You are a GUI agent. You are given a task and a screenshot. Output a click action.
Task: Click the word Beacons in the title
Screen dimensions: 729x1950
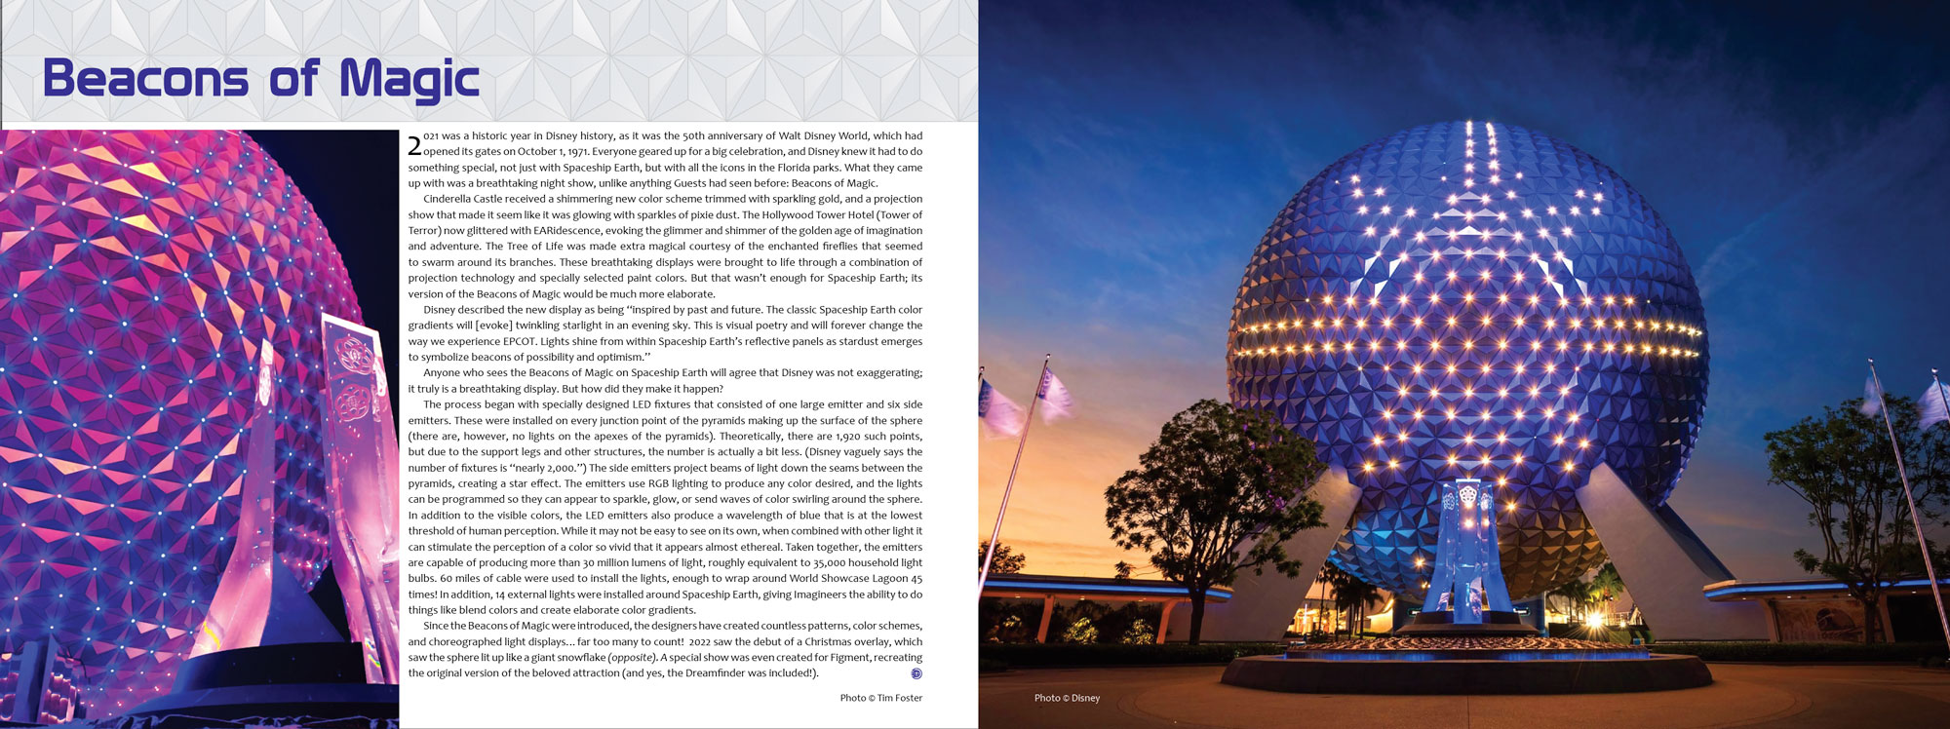point(146,79)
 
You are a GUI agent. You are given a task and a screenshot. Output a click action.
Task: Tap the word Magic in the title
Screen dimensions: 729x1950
point(409,79)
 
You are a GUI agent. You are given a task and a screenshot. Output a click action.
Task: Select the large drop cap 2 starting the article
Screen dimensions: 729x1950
point(414,146)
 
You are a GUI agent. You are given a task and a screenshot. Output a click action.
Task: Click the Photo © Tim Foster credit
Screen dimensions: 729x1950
point(880,698)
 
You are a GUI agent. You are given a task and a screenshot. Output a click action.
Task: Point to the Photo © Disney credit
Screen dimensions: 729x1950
point(1067,698)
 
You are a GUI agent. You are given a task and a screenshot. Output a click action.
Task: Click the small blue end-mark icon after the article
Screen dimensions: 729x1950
point(916,673)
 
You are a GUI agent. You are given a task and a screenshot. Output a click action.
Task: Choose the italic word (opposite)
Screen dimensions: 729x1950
point(632,658)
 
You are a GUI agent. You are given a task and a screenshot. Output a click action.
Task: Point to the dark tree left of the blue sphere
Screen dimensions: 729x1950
point(1209,487)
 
